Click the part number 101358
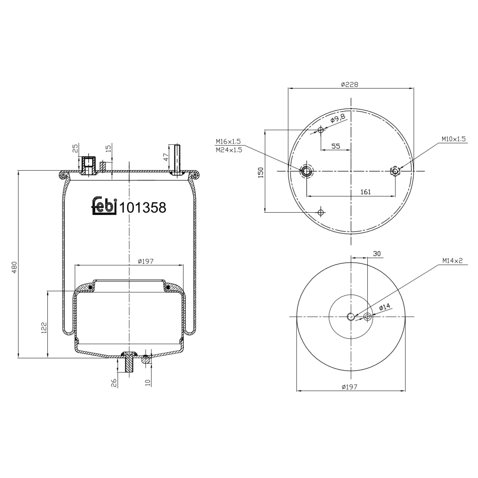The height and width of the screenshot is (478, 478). [142, 208]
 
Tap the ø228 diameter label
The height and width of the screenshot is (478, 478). [349, 84]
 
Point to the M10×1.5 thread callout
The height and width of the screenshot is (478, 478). [453, 139]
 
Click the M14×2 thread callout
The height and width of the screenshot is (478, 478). [452, 261]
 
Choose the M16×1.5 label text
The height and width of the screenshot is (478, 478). [228, 141]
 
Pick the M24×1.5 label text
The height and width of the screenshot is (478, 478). [228, 150]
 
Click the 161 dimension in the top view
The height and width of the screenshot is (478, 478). [366, 192]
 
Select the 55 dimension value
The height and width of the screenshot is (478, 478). [336, 146]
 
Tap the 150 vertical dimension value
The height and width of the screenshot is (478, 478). [261, 172]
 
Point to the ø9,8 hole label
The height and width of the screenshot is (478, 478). [338, 119]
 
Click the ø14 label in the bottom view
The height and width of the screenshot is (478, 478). [385, 307]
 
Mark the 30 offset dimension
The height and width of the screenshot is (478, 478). [377, 254]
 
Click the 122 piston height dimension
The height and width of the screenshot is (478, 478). [44, 328]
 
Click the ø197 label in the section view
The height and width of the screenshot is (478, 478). [146, 261]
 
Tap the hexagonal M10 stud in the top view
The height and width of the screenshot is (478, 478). [395, 171]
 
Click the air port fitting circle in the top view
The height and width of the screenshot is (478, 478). [307, 171]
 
